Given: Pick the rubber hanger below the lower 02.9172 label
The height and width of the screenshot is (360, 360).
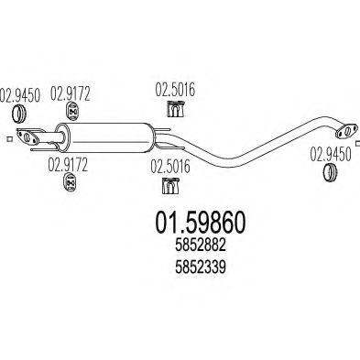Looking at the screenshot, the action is coord(65,187).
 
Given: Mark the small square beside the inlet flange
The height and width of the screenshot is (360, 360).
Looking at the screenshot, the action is coord(6,138).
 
